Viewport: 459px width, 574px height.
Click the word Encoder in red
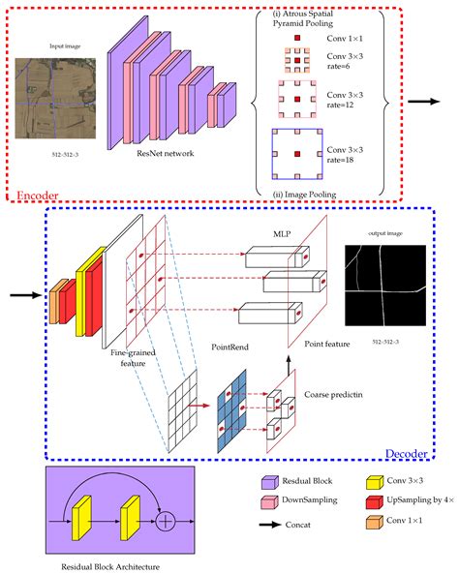tap(40, 196)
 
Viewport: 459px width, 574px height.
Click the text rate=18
tap(337, 162)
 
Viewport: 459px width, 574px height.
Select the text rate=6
tap(337, 75)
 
